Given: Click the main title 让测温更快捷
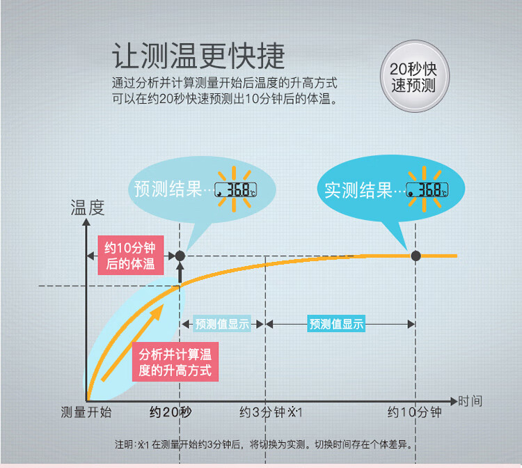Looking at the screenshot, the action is point(198,56).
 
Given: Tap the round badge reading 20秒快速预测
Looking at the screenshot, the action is point(415,77).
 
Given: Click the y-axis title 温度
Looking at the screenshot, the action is point(88,208).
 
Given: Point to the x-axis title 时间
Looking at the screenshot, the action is point(470,400).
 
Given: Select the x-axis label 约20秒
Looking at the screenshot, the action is point(171,412).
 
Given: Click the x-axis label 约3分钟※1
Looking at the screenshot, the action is point(271,412).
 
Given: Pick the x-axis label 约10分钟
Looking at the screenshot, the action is point(415,412).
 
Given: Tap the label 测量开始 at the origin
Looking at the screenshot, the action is point(86,412).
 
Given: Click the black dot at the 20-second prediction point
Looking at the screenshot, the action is point(180,256).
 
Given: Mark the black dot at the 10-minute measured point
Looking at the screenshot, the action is point(416,256).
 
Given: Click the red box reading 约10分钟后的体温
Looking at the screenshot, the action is point(131,255).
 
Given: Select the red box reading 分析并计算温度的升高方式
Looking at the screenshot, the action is point(175,361).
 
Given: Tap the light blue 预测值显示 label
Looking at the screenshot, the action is point(222,324).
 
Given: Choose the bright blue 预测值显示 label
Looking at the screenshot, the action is point(336,324).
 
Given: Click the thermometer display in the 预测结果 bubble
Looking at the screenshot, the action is point(235,189).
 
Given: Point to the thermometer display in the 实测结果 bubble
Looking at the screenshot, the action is point(427,189).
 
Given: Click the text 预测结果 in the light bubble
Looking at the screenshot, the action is point(168,189).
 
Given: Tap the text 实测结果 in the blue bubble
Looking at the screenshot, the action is point(358,190).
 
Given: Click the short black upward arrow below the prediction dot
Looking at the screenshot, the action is point(180,272).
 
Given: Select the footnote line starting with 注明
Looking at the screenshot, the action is point(264,444).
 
